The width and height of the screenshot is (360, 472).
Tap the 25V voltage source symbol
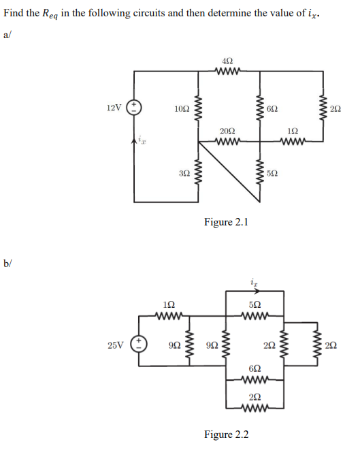140,345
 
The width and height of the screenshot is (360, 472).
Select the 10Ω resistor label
182,108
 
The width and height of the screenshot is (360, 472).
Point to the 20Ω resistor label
228,131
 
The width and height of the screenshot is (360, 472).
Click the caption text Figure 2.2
227,434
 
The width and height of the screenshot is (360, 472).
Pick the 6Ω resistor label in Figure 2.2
254,367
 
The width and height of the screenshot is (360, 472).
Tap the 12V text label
115,108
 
